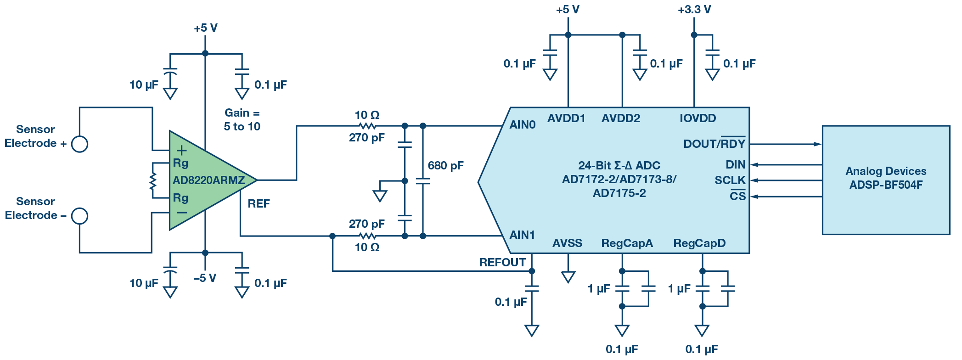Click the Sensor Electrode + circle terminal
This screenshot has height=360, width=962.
(79, 144)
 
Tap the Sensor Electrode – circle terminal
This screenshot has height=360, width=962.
(79, 216)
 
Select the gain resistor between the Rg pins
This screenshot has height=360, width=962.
(153, 181)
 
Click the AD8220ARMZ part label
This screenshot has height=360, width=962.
(208, 180)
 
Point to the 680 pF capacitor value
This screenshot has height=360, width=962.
(445, 166)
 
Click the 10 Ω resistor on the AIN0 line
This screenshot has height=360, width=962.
(367, 126)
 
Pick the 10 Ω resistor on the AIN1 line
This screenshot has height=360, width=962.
(367, 236)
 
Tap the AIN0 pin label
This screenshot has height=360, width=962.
(522, 125)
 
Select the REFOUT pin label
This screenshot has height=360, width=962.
(502, 263)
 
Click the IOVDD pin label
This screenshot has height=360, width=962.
(698, 118)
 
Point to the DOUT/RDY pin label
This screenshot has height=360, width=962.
(714, 144)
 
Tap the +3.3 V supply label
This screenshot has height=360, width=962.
(694, 10)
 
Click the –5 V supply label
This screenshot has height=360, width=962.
(205, 278)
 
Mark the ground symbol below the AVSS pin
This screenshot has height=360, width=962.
(568, 277)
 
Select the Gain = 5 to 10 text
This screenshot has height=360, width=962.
(242, 120)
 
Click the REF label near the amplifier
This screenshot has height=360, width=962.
(259, 204)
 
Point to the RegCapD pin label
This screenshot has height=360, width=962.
(699, 243)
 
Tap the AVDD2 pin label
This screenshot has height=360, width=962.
(620, 118)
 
